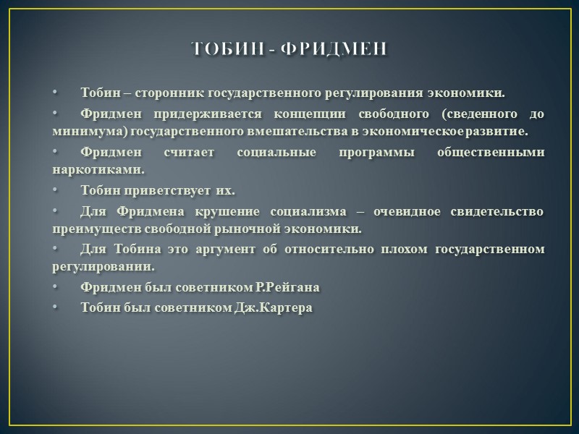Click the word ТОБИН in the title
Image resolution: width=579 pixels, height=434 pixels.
tap(225, 48)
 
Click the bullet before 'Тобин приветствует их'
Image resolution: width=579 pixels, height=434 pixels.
tap(54, 191)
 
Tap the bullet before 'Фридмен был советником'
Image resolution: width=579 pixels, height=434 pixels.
tap(54, 287)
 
